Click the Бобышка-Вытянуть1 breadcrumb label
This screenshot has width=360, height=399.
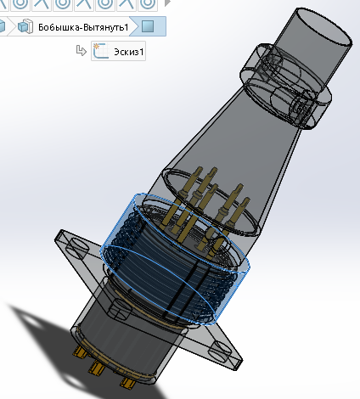pos(83,26)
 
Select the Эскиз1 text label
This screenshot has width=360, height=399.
pos(130,52)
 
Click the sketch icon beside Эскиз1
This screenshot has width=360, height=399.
pos(101,52)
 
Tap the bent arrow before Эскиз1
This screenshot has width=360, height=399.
pos(82,52)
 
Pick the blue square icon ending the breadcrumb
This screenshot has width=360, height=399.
pos(148,26)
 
